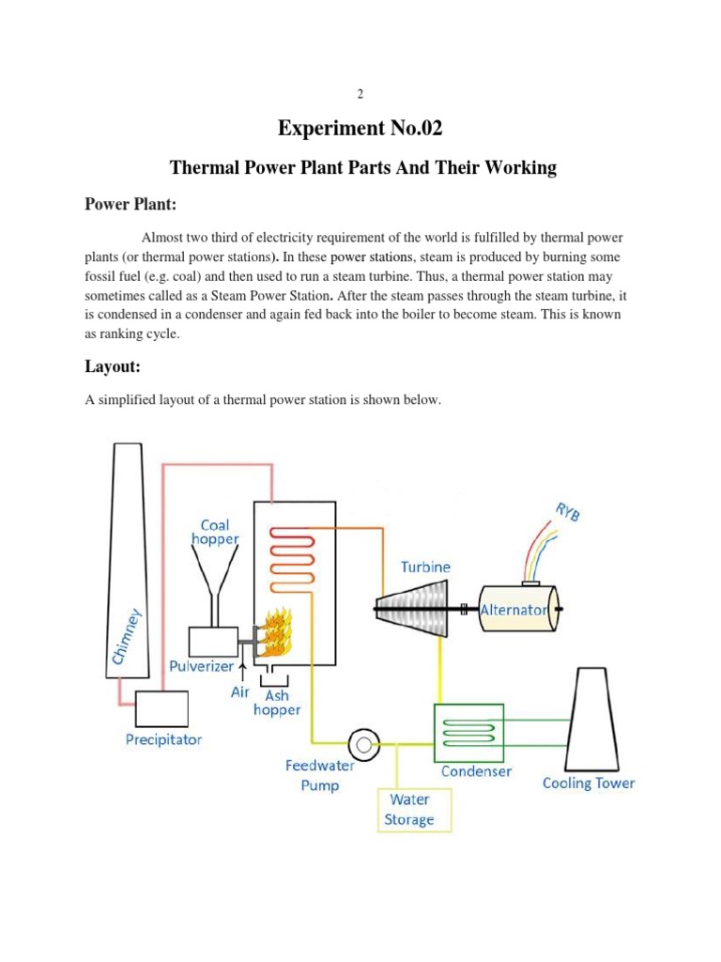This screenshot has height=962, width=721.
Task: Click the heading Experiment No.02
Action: click(361, 128)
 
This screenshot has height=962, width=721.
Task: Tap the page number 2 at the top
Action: click(360, 94)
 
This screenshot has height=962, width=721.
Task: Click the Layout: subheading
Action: click(117, 366)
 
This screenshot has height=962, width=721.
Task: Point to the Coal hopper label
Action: click(215, 532)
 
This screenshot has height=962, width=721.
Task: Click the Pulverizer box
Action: click(213, 642)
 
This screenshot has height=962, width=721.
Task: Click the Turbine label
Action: click(425, 567)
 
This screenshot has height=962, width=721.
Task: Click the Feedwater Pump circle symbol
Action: click(361, 746)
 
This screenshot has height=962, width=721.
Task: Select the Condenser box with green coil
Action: click(468, 732)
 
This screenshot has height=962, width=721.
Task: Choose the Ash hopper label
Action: click(277, 703)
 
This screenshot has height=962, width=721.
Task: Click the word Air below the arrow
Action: click(241, 692)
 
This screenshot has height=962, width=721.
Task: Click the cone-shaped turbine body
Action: click(410, 608)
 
